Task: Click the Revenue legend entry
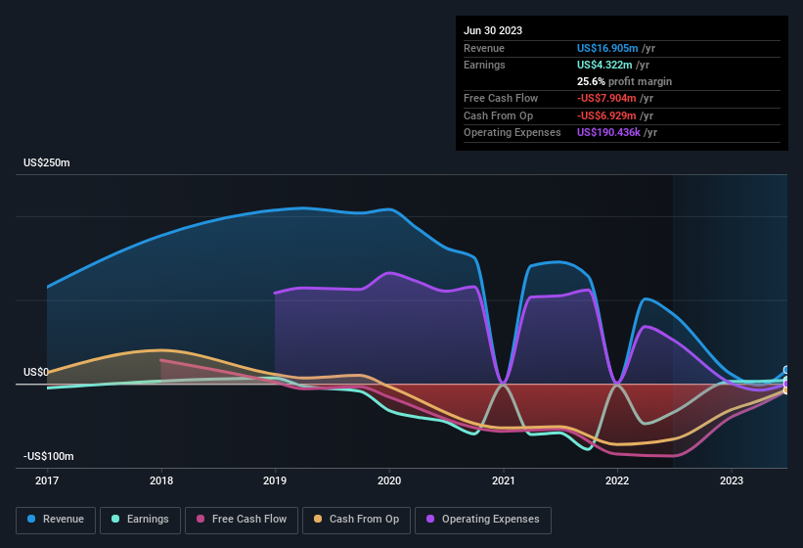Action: pos(57,520)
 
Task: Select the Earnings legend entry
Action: pos(141,520)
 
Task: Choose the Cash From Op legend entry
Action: pos(356,520)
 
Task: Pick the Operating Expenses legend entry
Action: pos(483,520)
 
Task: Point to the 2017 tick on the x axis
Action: pos(47,480)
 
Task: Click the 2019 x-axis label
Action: pos(275,480)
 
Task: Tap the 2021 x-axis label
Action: pos(503,480)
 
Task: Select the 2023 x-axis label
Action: pos(731,480)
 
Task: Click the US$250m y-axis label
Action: pos(47,162)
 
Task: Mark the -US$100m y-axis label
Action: pos(49,456)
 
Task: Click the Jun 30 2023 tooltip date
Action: pos(493,30)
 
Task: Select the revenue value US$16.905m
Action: pos(607,48)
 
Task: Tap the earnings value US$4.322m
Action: pos(604,65)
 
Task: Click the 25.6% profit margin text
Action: pos(624,81)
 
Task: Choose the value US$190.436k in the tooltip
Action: pos(608,132)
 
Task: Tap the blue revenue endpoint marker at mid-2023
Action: pos(786,371)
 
